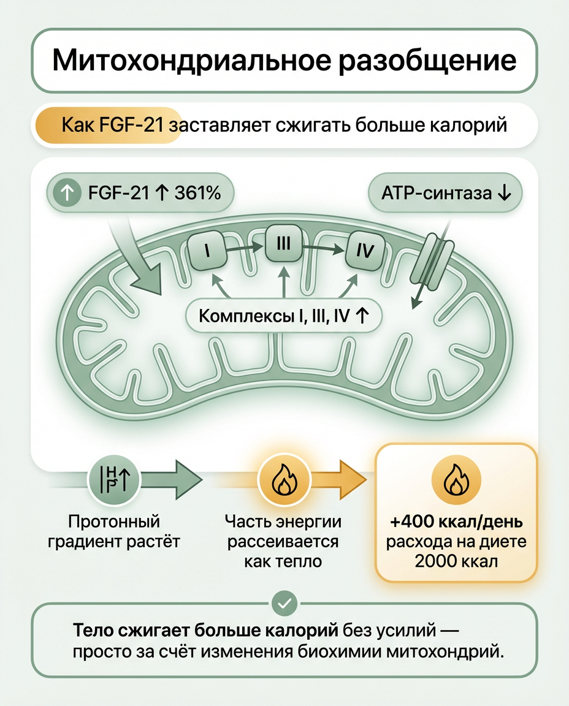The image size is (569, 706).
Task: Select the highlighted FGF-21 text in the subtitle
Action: tap(130, 126)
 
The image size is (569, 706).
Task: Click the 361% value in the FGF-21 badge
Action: tap(197, 193)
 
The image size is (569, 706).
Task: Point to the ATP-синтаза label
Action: tap(445, 193)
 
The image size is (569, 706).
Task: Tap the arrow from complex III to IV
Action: tap(324, 247)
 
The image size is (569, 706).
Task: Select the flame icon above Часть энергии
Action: tap(283, 479)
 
